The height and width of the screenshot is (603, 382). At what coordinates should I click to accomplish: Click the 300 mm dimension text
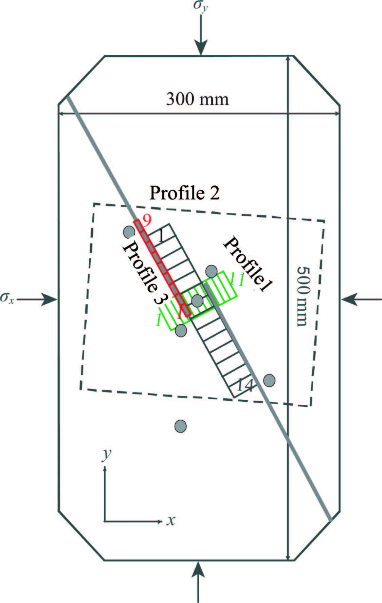[x=197, y=99]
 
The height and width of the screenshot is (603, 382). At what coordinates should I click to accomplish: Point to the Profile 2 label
[x=185, y=193]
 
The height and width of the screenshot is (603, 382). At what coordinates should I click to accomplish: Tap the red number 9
[x=147, y=221]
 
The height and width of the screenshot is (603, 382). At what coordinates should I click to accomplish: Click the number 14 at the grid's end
[x=245, y=385]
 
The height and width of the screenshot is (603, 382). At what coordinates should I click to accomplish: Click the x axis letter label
[x=171, y=520]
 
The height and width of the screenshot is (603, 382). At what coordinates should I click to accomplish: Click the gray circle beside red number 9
[x=129, y=232]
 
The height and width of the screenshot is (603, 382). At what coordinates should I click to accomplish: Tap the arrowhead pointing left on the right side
[x=348, y=299]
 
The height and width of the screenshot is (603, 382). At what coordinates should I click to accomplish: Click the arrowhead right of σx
[x=51, y=299]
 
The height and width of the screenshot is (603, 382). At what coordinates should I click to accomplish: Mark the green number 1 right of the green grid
[x=241, y=279]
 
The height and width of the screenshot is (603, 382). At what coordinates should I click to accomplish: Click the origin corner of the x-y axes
[x=105, y=521]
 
